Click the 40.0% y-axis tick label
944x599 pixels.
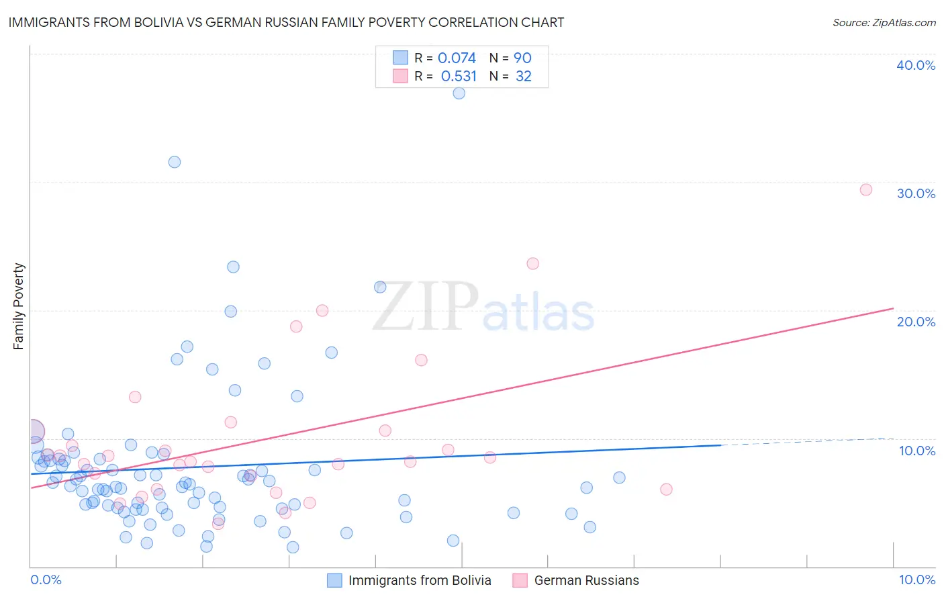(915, 65)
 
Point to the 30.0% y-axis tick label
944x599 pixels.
(915, 193)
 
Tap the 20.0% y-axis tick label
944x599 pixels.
(915, 322)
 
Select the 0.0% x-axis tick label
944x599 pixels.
(46, 580)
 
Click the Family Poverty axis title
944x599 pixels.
(19, 306)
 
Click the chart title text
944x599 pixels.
(286, 22)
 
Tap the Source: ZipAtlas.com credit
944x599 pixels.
(884, 22)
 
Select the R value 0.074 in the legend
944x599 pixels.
(457, 58)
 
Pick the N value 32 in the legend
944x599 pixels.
(523, 77)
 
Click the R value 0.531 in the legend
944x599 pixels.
(459, 77)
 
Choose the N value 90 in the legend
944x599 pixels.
(522, 58)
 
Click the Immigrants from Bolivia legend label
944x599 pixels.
(420, 580)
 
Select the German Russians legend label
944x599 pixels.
(586, 580)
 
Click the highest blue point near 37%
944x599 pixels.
(459, 93)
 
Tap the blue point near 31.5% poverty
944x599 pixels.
(175, 162)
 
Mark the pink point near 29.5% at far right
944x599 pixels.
(866, 190)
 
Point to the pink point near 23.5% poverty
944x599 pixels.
(533, 263)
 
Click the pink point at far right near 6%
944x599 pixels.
(666, 489)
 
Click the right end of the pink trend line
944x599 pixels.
(893, 308)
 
